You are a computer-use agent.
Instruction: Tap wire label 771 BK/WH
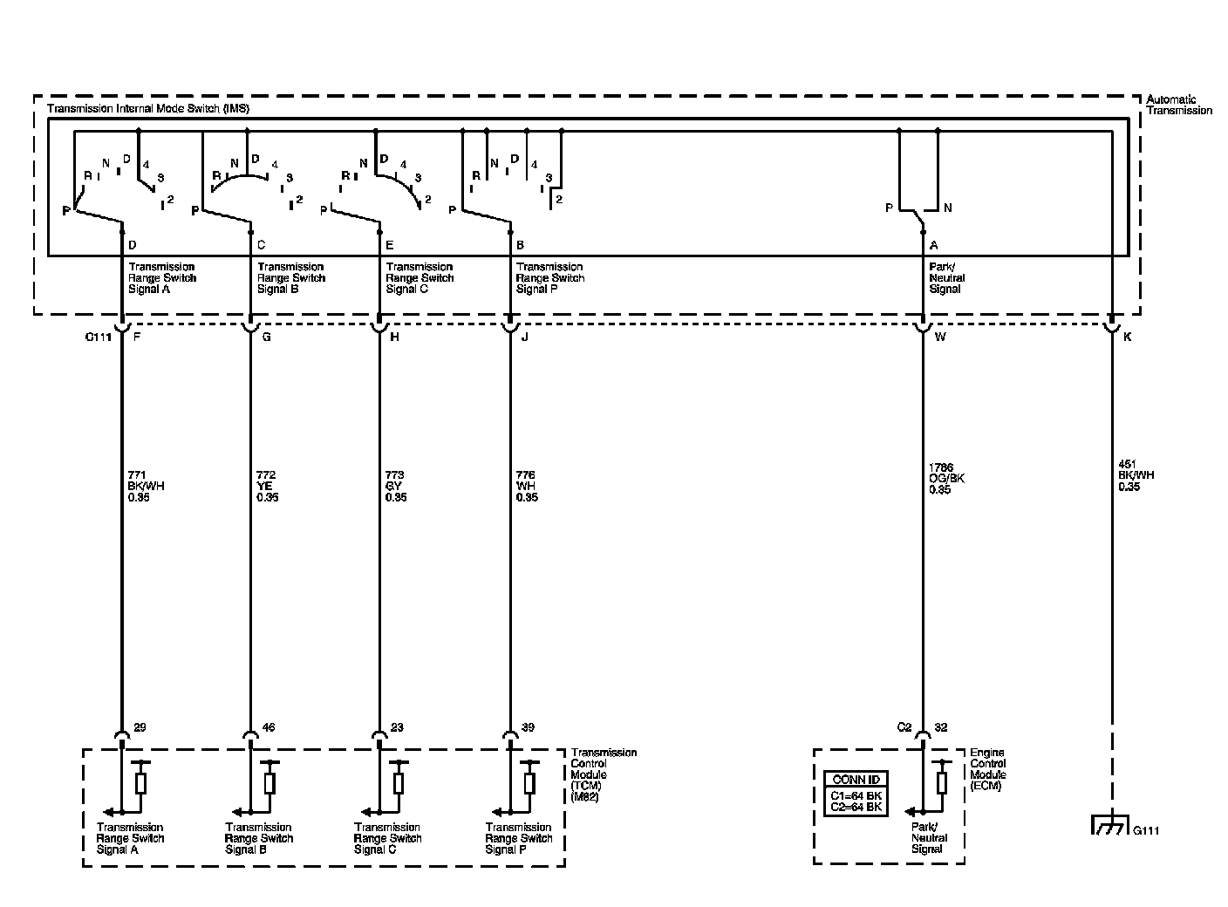(145, 486)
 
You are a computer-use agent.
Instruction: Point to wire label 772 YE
(268, 486)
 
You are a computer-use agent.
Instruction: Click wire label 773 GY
(396, 486)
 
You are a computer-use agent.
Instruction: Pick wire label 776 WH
(527, 486)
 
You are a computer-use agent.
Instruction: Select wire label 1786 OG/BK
(946, 478)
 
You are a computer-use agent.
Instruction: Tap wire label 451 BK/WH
(1136, 475)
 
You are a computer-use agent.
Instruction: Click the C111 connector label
(98, 338)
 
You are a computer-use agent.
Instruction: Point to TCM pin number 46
(268, 727)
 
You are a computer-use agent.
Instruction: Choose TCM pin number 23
(397, 727)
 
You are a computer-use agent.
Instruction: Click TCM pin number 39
(527, 727)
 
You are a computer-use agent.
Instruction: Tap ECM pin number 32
(940, 727)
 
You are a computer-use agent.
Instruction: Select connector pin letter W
(939, 338)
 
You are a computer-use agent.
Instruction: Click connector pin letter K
(1127, 338)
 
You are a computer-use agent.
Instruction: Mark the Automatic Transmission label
(1178, 105)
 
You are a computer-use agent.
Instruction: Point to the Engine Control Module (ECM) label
(988, 768)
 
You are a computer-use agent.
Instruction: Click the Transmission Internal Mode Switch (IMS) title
(147, 109)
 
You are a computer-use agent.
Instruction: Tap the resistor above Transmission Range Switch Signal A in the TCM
(140, 782)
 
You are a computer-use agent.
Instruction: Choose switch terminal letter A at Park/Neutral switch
(934, 246)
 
